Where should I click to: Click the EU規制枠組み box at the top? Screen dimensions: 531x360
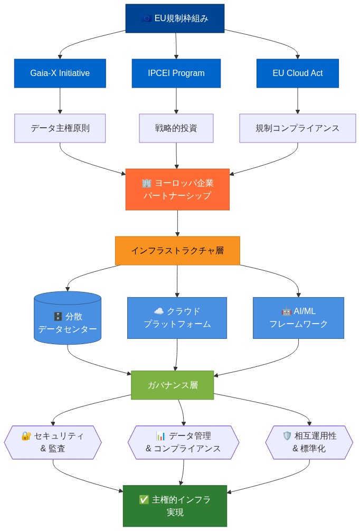175,18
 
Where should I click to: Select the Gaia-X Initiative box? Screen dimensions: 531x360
60,73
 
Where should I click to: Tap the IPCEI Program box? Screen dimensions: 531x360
176,73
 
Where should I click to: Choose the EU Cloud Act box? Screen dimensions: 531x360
298,73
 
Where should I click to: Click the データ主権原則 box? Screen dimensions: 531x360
60,128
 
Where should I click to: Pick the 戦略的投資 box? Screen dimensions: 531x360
176,128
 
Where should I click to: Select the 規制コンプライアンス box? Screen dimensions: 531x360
298,128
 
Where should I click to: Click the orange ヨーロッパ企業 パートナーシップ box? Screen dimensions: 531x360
177,189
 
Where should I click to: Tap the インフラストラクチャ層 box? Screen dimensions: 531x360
177,251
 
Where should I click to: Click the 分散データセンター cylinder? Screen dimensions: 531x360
68,318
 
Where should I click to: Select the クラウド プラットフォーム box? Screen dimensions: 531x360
177,318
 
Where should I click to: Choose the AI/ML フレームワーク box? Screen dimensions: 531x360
298,318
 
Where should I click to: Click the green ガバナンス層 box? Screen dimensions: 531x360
173,385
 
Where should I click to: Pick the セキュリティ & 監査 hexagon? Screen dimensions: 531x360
53,442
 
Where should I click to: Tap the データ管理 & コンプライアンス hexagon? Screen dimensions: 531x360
183,442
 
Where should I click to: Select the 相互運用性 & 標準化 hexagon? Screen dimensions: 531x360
309,442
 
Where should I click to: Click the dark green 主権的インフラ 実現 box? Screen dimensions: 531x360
175,506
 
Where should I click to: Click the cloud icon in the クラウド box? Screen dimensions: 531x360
158,311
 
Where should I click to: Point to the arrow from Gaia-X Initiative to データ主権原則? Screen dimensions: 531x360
60,101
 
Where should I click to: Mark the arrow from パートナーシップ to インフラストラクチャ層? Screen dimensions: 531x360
177,223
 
